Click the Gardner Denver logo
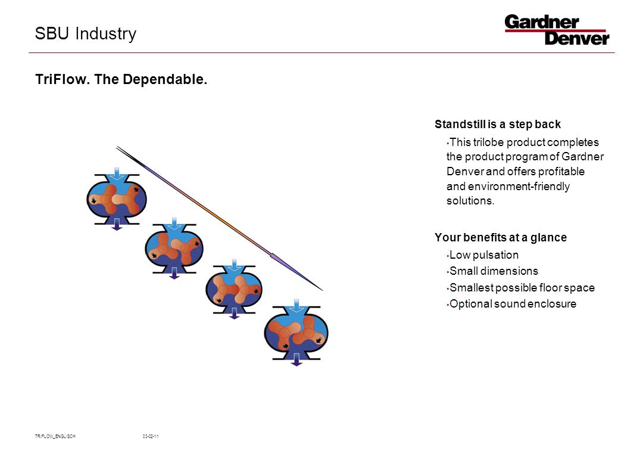click(x=557, y=30)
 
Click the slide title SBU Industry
click(x=86, y=34)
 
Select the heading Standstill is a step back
click(x=497, y=124)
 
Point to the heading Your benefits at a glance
click(x=501, y=237)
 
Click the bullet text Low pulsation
click(x=484, y=255)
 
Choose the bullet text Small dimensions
click(x=494, y=271)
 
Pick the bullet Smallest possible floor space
click(x=522, y=287)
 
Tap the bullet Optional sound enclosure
click(x=513, y=304)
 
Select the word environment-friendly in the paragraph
click(x=519, y=187)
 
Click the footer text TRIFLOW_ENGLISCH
click(x=55, y=436)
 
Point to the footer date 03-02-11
click(x=151, y=436)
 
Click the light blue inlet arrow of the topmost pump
click(x=117, y=173)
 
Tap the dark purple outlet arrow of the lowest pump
click(x=296, y=359)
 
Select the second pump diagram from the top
click(x=174, y=249)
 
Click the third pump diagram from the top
click(x=234, y=290)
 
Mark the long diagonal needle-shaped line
click(x=219, y=218)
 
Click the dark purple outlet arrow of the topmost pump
click(x=117, y=224)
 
